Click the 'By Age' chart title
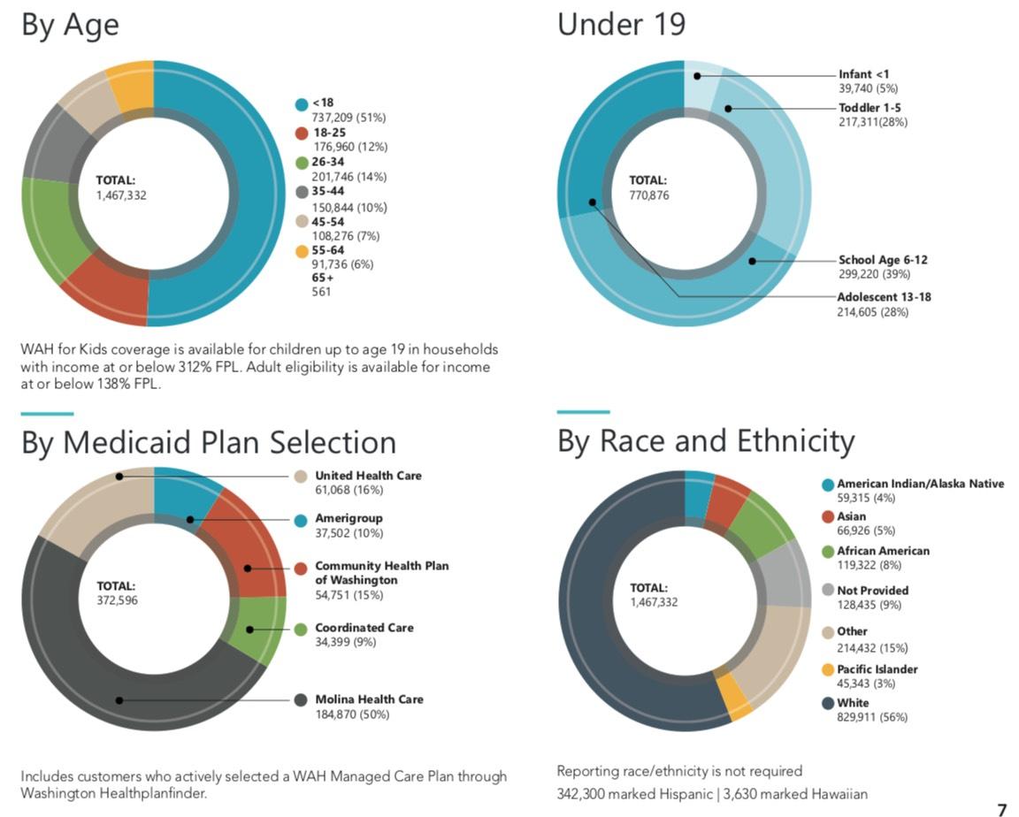pos(70,25)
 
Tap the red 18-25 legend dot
pos(302,133)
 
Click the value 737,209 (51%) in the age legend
pos(349,117)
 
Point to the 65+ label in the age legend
pos(322,277)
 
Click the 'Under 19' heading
pos(621,24)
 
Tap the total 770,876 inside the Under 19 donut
pos(649,195)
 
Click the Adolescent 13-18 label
pos(884,297)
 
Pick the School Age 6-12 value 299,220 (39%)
pos(873,274)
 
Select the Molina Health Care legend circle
pos(302,699)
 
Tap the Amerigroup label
pos(349,518)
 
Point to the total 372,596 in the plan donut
pos(117,600)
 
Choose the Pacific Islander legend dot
pos(827,669)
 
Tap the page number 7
pos(1001,809)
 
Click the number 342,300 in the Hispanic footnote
pos(583,794)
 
